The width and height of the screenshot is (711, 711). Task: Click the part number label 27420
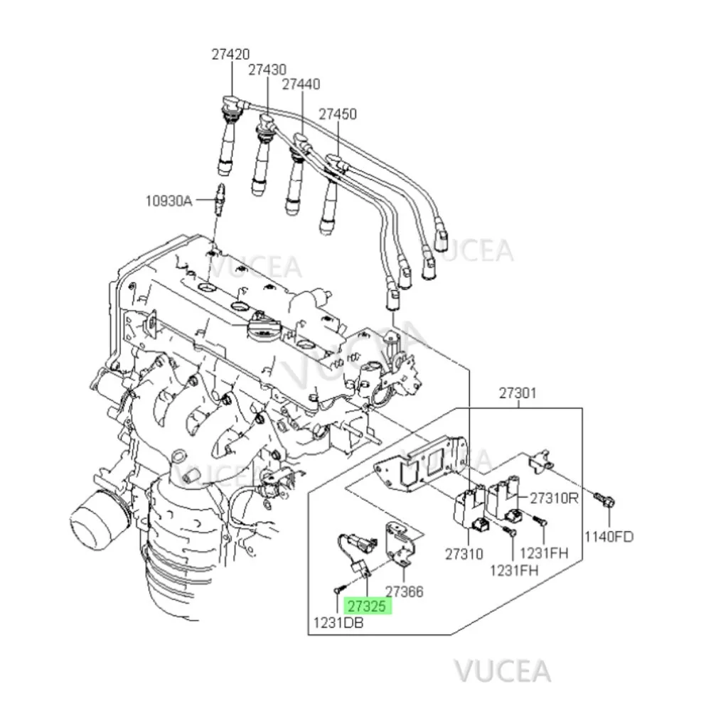point(230,53)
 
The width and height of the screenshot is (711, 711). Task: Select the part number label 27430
point(267,70)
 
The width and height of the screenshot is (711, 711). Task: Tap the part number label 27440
point(301,84)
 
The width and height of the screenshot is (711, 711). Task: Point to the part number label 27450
point(337,114)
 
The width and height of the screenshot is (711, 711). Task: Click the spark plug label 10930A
point(169,201)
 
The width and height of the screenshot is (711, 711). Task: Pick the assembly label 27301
point(518,392)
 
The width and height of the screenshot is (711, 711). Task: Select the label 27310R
point(552,498)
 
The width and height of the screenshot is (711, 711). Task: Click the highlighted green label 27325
point(367,606)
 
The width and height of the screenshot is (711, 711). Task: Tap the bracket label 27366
point(404,592)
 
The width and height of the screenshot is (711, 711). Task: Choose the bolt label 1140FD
point(609,537)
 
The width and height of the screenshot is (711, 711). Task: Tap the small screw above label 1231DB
point(338,588)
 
